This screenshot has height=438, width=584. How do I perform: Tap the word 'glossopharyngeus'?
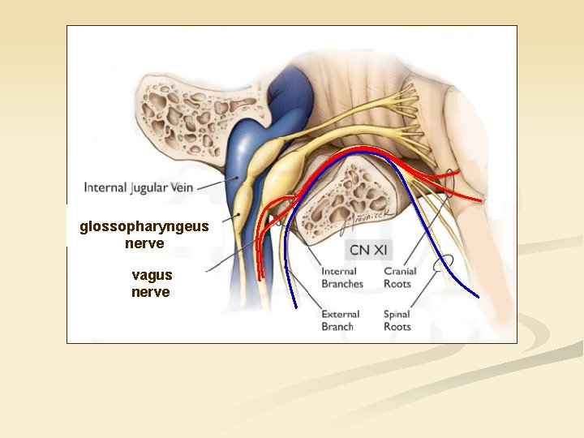[144, 227]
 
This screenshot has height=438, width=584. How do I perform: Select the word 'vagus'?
[152, 276]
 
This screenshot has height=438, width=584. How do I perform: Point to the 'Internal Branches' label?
[342, 277]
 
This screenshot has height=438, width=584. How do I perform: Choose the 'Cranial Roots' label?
[399, 277]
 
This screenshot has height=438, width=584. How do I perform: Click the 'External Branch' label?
[341, 320]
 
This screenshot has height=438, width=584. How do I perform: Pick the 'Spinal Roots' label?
[397, 320]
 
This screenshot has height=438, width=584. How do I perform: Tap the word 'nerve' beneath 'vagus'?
[151, 292]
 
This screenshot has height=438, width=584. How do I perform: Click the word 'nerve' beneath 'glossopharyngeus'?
[145, 243]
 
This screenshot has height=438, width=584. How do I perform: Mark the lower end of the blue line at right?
[478, 296]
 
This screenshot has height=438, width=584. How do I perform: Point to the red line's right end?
[480, 200]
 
